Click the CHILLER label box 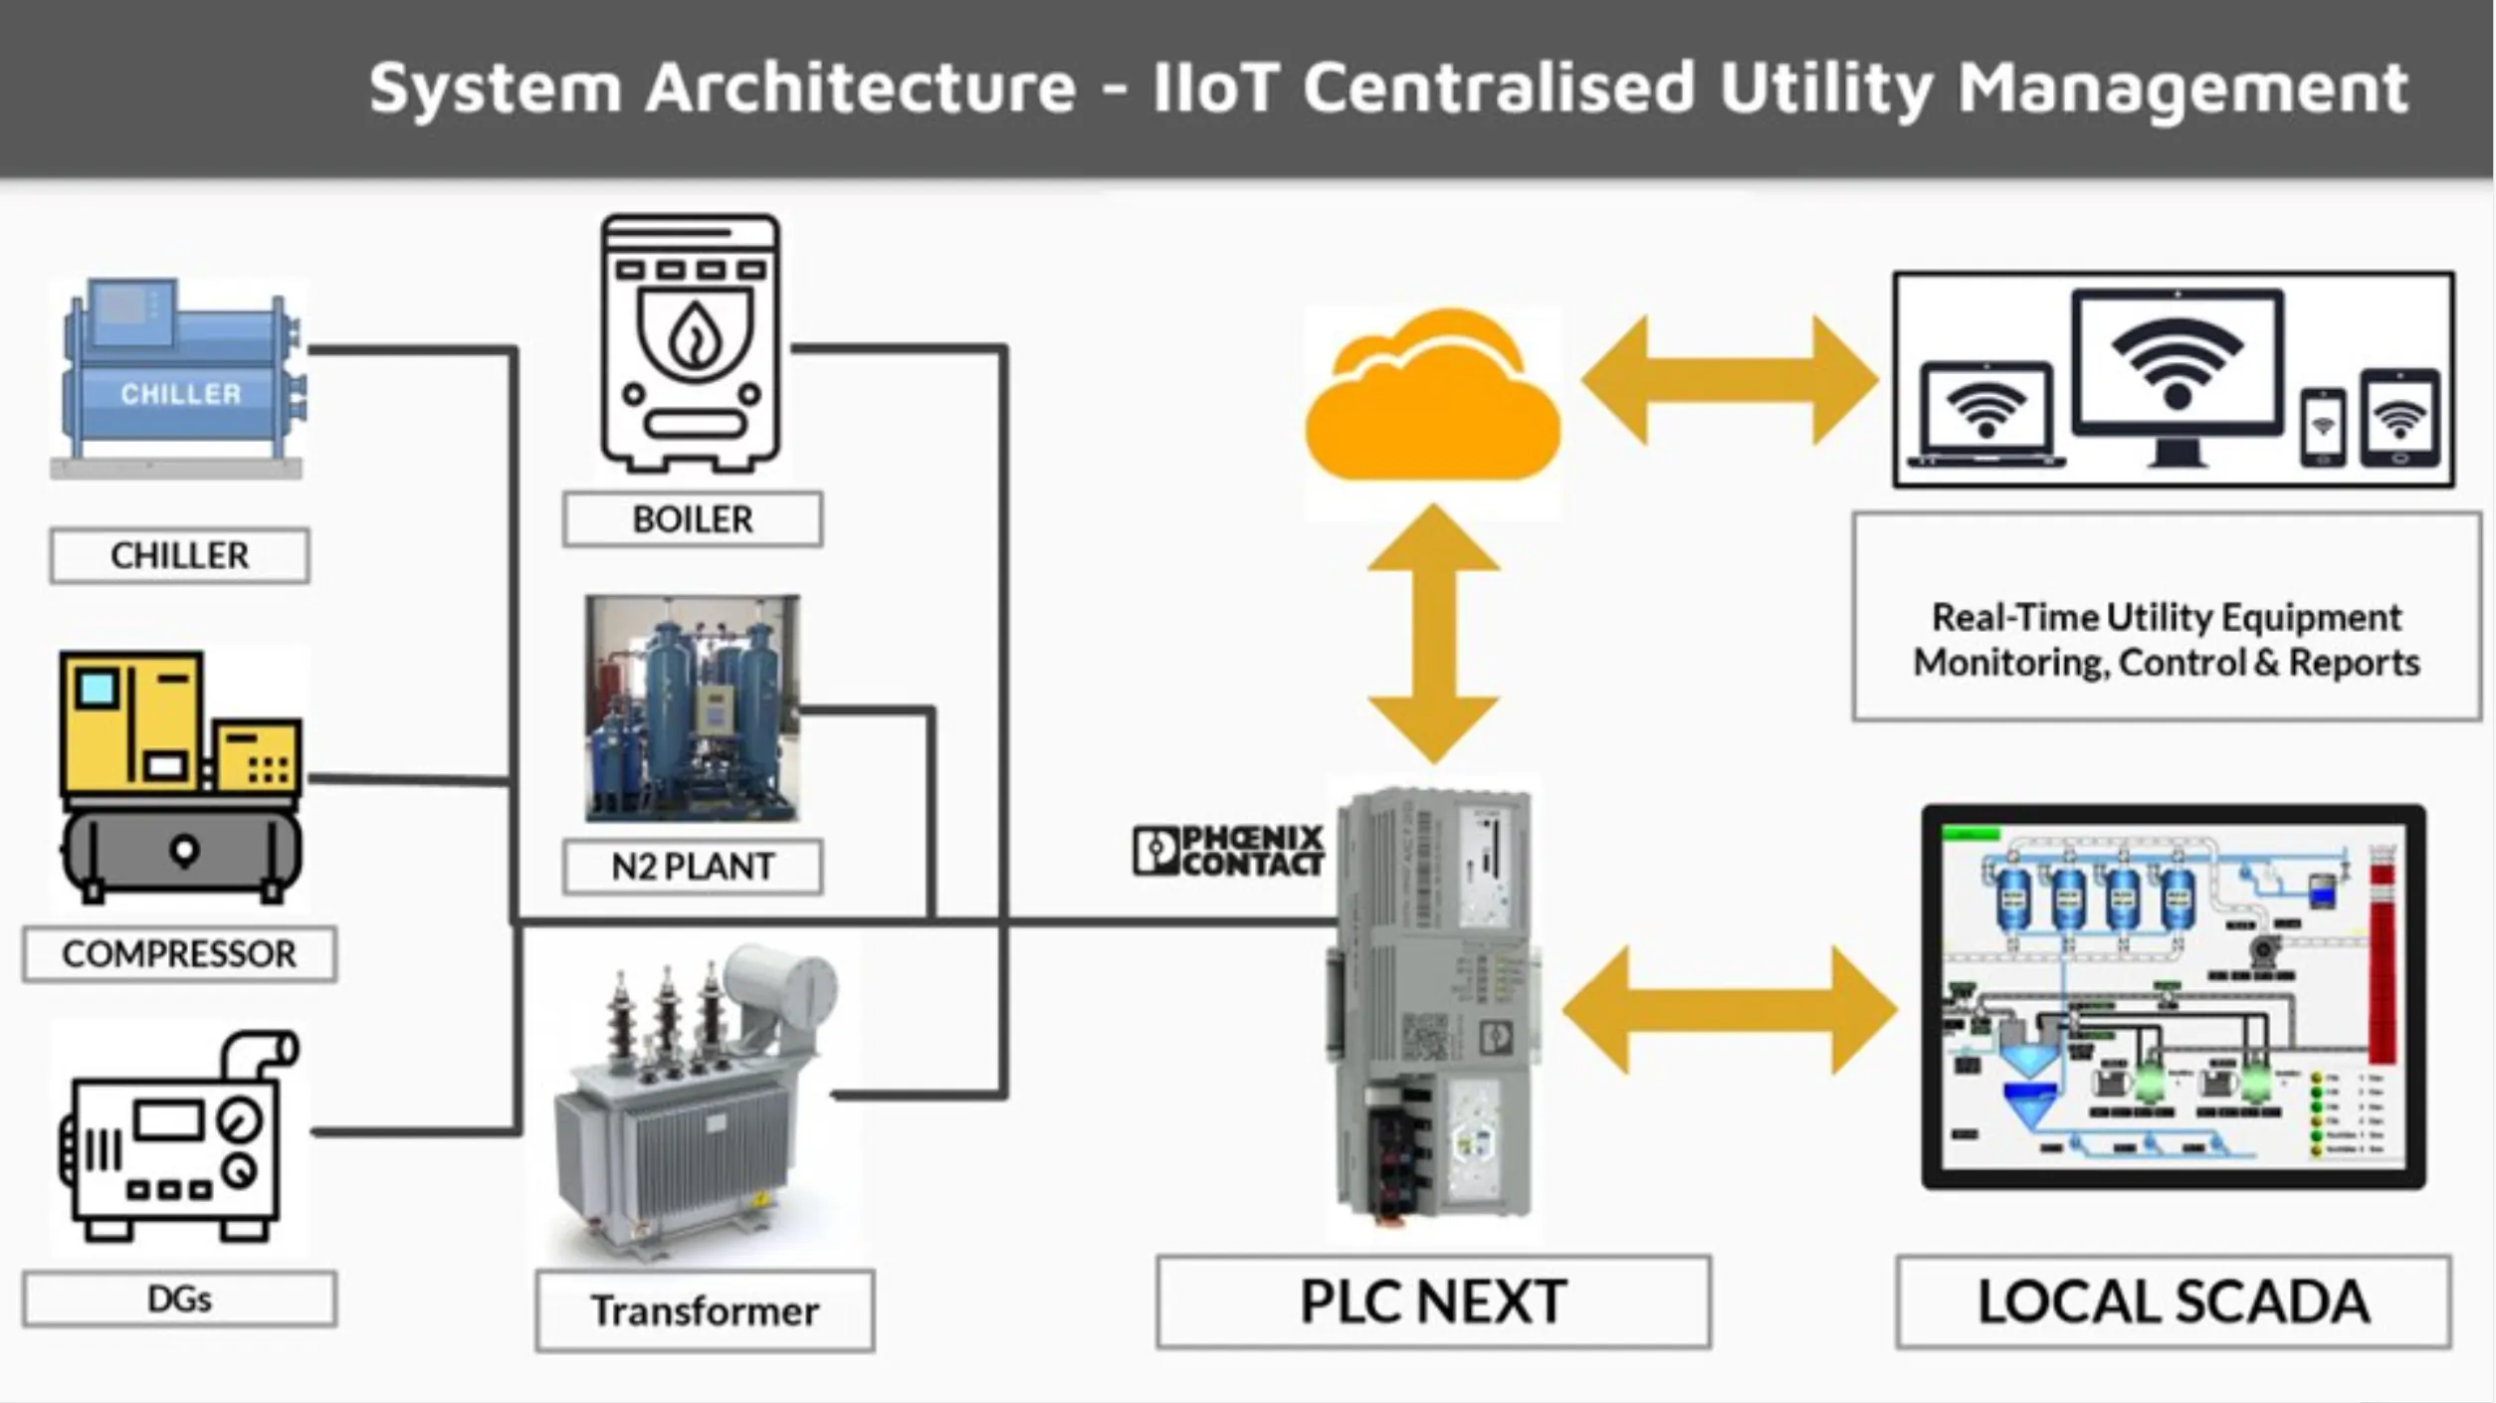179,555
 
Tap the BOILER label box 693,519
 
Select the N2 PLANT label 693,867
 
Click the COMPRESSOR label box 179,954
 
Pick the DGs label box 179,1299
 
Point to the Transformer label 705,1311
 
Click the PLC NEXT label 1433,1302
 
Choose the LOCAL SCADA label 2174,1302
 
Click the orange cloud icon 1433,408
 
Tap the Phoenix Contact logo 1229,851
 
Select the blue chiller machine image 179,378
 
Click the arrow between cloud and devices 1730,380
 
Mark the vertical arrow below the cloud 1433,635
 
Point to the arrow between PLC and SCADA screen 1730,1010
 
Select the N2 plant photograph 693,708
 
